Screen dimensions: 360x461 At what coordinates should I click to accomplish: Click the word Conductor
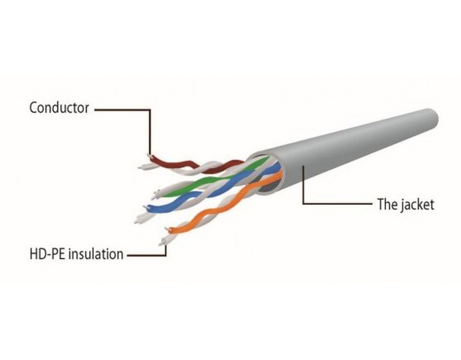point(59,108)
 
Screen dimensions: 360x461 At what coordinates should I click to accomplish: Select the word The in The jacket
point(386,205)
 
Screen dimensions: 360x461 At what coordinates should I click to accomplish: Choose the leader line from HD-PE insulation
point(149,256)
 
